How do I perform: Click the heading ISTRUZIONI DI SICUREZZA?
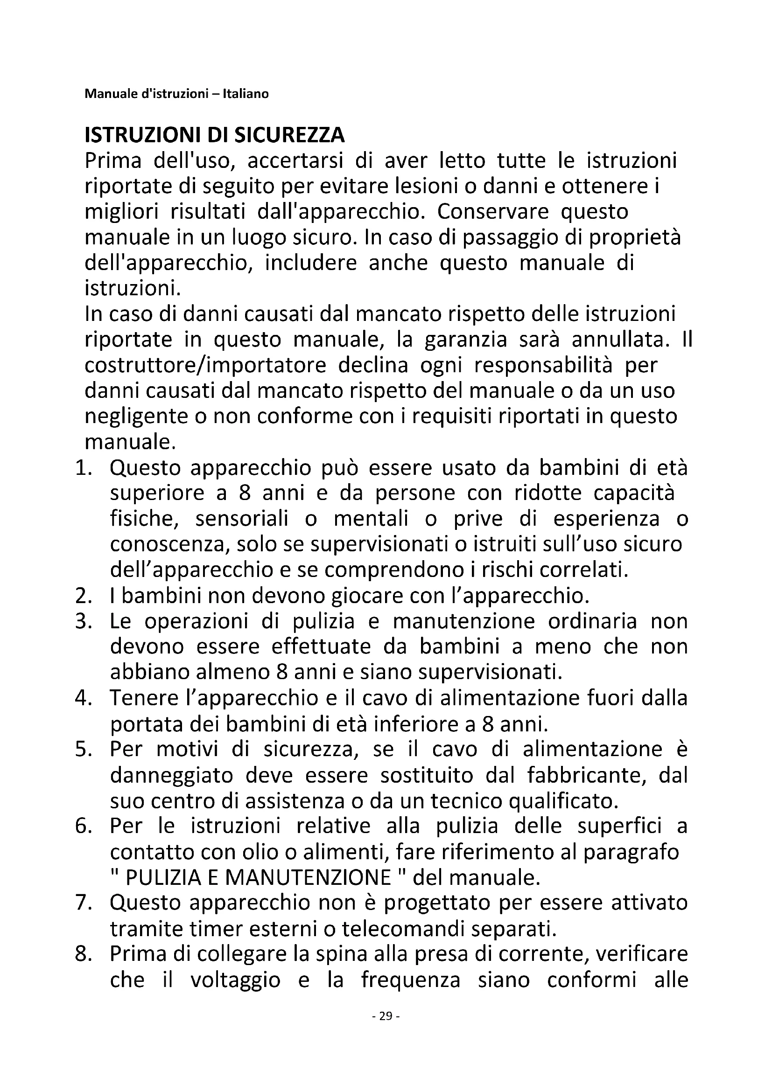(214, 136)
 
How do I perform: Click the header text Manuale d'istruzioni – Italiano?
(176, 94)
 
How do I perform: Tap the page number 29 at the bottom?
(386, 1016)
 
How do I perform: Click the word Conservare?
(492, 212)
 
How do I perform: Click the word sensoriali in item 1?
(241, 519)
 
